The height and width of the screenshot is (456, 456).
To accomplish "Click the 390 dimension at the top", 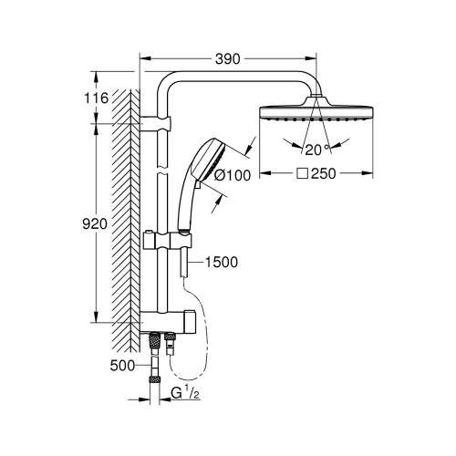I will coord(228,58).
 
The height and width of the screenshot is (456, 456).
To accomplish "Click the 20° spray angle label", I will coord(318,150).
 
